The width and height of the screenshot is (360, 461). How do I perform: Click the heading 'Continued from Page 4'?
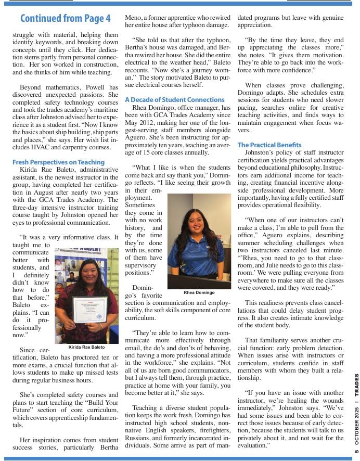(65, 19)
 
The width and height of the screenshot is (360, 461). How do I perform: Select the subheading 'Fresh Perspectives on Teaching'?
(58, 162)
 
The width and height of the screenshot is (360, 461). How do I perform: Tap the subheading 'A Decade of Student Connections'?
(175, 99)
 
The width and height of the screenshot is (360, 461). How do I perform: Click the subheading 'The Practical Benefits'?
(269, 145)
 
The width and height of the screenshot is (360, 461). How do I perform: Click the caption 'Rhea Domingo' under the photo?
(199, 293)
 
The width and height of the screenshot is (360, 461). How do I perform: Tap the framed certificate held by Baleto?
(89, 311)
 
